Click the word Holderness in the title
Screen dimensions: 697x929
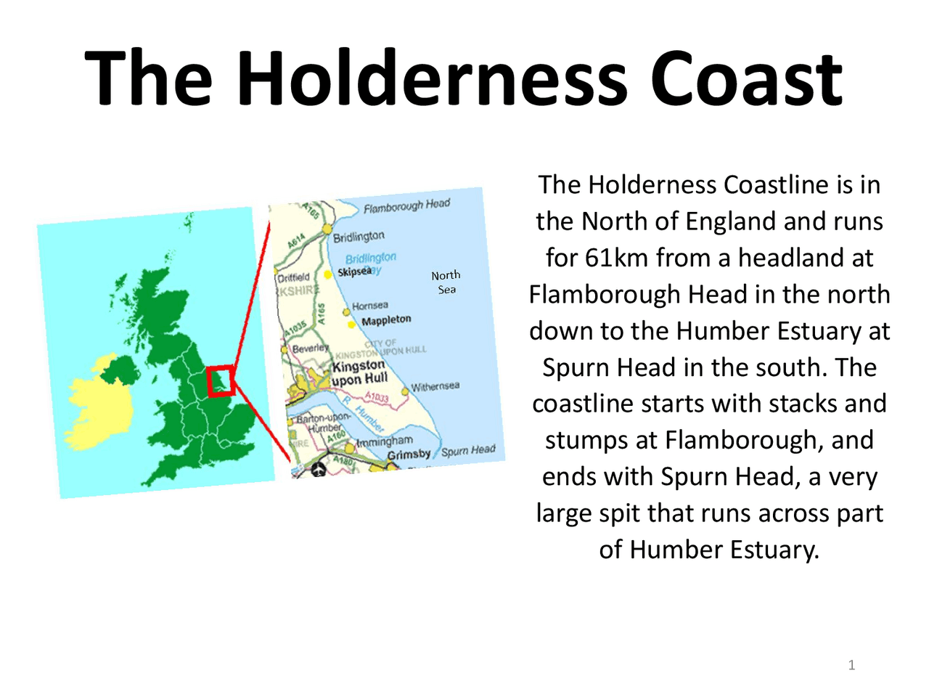[433, 78]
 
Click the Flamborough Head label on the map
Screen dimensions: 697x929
[406, 206]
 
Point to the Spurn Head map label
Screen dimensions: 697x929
[468, 451]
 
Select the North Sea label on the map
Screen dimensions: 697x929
[446, 282]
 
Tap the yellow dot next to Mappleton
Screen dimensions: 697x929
[352, 324]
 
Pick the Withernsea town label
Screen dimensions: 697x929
[435, 386]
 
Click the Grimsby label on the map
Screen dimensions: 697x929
[409, 455]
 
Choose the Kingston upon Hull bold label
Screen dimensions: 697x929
[359, 372]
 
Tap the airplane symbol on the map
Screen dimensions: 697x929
[318, 470]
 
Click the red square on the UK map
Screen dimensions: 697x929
[220, 381]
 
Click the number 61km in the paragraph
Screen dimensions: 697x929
[616, 258]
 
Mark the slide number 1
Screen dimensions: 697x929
[851, 665]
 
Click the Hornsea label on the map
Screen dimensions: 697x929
[370, 306]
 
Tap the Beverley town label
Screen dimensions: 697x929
[310, 348]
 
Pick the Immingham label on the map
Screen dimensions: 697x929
[385, 441]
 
